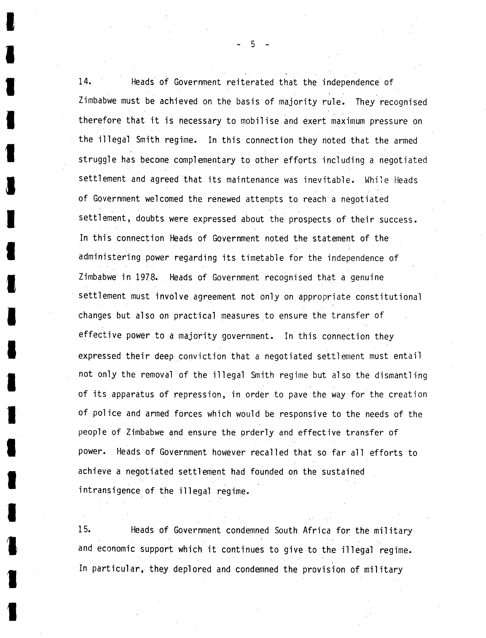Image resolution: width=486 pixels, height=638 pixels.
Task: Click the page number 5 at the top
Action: point(253,44)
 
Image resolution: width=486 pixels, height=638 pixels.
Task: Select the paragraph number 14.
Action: point(85,82)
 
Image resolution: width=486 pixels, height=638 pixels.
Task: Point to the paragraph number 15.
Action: point(85,530)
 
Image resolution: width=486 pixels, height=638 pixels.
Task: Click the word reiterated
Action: point(250,82)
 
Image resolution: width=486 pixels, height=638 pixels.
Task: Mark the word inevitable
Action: point(329,180)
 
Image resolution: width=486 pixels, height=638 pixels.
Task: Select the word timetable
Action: point(262,258)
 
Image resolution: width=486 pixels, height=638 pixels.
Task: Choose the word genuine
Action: point(367,277)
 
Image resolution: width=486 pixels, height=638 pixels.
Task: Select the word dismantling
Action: point(401,375)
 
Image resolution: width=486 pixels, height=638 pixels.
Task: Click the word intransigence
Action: point(109,490)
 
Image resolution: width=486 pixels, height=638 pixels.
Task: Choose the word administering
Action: point(109,258)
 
